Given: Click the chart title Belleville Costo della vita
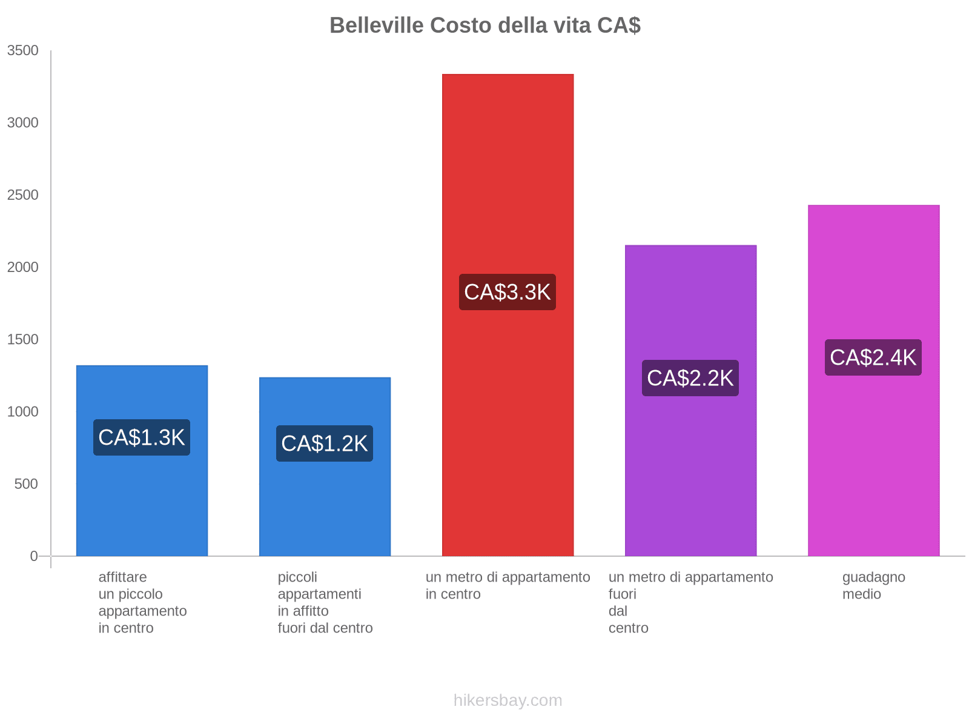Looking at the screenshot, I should [484, 25].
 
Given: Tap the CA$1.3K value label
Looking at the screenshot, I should [142, 437].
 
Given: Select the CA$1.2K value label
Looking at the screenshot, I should [325, 443].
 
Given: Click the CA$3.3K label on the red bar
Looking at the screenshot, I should [508, 292].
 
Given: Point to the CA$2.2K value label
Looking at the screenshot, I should [690, 378].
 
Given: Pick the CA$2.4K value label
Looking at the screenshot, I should [873, 357].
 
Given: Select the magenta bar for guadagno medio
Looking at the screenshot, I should [873, 473].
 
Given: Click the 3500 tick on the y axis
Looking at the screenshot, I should [23, 51].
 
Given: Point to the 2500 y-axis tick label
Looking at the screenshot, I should [23, 195].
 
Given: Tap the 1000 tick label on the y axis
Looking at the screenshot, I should [23, 412].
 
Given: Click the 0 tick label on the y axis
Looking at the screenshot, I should [34, 556].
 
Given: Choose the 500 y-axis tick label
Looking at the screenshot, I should [26, 484].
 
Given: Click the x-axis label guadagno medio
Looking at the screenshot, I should [873, 585].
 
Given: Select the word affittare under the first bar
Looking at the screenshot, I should [122, 577].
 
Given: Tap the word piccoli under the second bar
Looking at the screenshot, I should [297, 577].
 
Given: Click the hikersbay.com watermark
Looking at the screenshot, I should [508, 700].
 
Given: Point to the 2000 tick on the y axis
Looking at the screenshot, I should [23, 267].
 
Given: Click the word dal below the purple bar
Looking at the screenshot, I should [618, 611].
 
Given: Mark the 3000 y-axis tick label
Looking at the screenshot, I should [23, 123].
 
